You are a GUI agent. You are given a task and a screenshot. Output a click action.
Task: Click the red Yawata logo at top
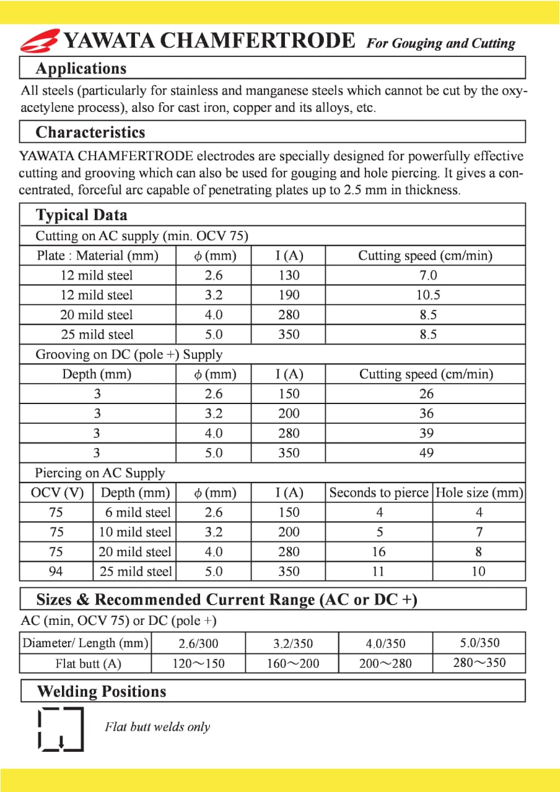[40, 41]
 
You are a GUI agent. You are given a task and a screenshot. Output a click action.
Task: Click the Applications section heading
[81, 68]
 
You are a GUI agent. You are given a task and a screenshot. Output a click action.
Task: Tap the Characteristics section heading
[90, 132]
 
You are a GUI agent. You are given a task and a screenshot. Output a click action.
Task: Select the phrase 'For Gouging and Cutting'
[440, 43]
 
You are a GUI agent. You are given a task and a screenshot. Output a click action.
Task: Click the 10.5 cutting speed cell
[427, 295]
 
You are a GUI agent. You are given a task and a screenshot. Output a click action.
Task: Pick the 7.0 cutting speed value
[427, 275]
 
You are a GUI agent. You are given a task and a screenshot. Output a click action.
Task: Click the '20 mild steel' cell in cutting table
[97, 315]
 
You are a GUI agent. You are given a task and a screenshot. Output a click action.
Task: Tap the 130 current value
[289, 275]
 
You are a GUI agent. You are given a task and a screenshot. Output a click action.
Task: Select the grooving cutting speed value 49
[426, 453]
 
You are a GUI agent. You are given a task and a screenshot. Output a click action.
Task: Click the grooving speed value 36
[426, 413]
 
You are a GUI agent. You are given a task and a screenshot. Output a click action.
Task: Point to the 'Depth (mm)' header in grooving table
[97, 374]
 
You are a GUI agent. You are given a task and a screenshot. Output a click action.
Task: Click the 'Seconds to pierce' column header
[378, 493]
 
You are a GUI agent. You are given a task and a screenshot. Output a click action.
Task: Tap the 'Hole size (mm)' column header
[479, 493]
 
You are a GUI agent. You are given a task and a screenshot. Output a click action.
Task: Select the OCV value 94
[56, 572]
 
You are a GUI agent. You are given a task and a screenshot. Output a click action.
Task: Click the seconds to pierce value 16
[378, 552]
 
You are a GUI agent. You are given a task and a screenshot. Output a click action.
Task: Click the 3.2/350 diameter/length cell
[292, 643]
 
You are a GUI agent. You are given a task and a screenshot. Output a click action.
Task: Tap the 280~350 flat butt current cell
[479, 663]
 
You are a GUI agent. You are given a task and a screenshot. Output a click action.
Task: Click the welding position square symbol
[60, 728]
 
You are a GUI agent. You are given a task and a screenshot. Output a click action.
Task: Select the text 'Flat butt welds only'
[157, 727]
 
